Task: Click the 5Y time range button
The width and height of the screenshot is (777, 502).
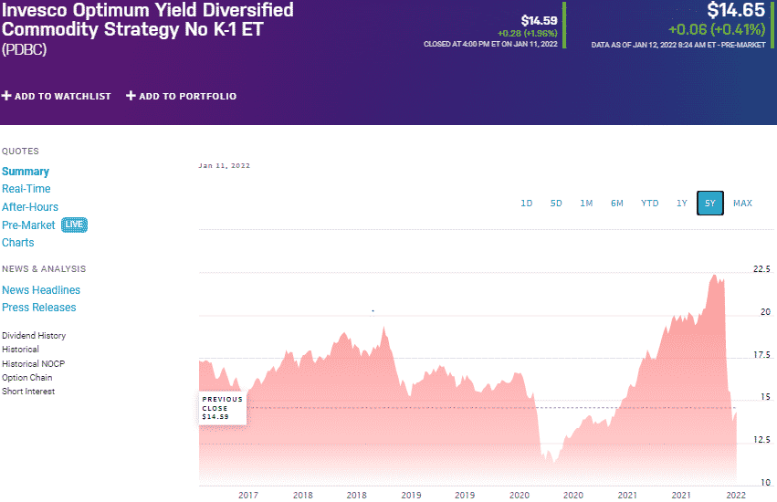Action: coord(709,203)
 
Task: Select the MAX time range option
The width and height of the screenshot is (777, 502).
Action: coord(742,203)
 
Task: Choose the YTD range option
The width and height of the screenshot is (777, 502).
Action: coord(649,203)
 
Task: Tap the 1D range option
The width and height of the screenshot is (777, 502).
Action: coord(527,203)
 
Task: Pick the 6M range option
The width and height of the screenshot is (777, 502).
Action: coord(617,203)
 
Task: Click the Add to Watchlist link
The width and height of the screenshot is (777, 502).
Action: coord(57,96)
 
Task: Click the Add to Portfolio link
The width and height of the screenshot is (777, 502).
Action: coord(181,96)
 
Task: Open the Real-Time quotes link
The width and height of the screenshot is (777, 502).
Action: coord(26,189)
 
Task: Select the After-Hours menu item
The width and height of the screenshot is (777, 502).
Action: coord(30,207)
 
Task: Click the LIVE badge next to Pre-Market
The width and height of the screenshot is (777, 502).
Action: coord(75,225)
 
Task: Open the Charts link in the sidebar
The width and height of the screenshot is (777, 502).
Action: coord(18,243)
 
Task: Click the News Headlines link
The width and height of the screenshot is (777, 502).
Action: coord(41,290)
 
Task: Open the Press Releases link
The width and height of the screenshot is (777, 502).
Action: coord(39,308)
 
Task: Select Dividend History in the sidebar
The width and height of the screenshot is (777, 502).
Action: coord(34,336)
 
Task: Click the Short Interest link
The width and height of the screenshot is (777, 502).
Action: coord(28,392)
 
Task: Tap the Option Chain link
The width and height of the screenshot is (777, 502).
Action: coord(27,378)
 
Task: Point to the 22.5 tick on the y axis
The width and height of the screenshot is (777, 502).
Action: coord(761,269)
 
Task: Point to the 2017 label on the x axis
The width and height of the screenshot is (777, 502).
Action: coord(247,495)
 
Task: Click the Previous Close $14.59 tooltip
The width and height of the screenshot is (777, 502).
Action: coord(223,408)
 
